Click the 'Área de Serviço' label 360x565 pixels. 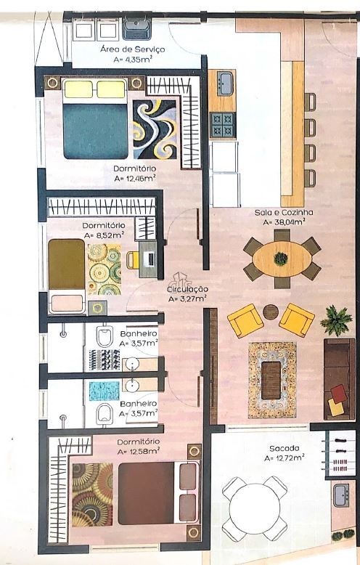click(x=133, y=49)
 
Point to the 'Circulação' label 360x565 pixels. click(x=187, y=289)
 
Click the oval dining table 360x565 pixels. click(x=282, y=259)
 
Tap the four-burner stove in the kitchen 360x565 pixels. click(x=223, y=125)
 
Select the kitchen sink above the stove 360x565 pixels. click(x=226, y=84)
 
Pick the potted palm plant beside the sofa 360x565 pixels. click(x=336, y=320)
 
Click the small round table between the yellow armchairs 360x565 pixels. click(x=271, y=312)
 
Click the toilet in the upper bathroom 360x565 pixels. click(x=105, y=336)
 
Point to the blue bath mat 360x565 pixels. click(x=104, y=391)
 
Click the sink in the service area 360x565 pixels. click(x=136, y=29)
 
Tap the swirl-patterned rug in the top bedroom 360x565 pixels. click(x=155, y=129)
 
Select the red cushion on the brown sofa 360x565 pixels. click(x=339, y=394)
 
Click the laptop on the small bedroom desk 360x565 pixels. click(x=150, y=259)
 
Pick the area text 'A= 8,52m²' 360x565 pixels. click(x=104, y=235)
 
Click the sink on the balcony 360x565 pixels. click(x=340, y=495)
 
